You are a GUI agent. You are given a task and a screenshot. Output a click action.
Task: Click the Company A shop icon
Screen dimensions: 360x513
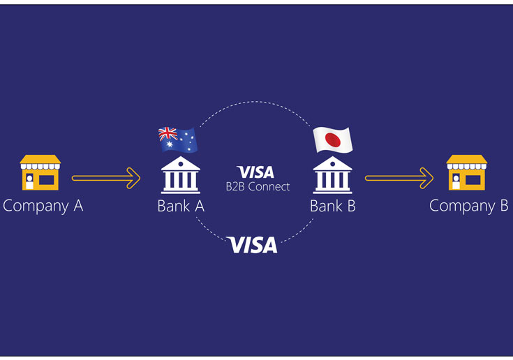(x=40, y=173)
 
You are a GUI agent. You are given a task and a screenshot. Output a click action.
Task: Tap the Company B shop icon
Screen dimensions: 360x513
(x=466, y=173)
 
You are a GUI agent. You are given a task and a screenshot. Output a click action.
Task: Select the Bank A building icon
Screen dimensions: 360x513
(x=180, y=175)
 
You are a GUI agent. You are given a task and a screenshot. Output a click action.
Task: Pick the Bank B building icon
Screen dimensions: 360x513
(x=332, y=175)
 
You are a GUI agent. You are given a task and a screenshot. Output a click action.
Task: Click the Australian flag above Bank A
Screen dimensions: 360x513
(x=178, y=140)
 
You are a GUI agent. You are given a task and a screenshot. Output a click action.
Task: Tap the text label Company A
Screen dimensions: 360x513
(x=43, y=206)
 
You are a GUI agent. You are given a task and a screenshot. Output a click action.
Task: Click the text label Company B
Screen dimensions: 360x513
(x=468, y=206)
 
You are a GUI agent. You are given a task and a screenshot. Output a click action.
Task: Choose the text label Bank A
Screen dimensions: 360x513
(x=181, y=206)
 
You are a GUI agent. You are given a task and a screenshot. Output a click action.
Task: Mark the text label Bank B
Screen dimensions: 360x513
(x=332, y=206)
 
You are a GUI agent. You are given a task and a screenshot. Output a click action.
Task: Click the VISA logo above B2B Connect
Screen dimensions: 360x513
(x=255, y=172)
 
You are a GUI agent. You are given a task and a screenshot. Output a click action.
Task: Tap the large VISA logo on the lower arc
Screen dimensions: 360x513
(x=252, y=245)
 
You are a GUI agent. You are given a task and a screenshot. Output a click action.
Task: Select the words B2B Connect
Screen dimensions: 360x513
(x=257, y=186)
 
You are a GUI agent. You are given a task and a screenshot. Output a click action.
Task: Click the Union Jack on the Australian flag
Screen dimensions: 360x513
(x=168, y=134)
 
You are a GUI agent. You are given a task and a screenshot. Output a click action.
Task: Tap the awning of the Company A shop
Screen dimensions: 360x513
(x=40, y=162)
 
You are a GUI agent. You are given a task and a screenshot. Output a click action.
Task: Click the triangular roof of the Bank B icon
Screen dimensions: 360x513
(x=332, y=163)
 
